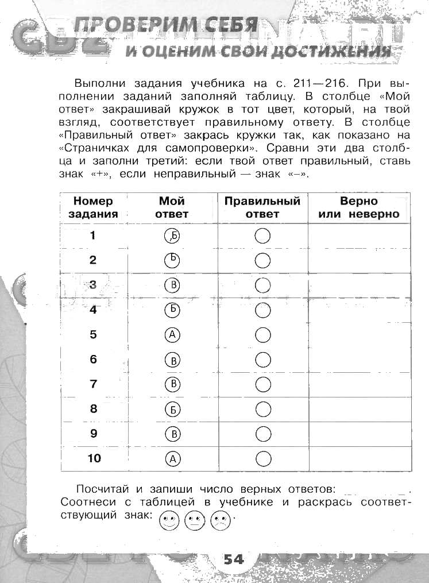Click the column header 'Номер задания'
[93, 207]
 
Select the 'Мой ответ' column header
[172, 207]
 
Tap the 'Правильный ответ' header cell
[262, 207]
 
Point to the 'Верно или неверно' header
[359, 207]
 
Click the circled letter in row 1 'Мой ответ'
[172, 235]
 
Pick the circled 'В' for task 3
[172, 285]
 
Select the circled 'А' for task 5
[172, 334]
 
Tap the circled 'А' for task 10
[172, 459]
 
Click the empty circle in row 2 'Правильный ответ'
[262, 260]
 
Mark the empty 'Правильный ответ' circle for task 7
[262, 384]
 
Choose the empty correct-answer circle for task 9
[262, 433]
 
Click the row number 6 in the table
[93, 360]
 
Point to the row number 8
[93, 409]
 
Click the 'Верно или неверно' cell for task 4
[359, 310]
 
